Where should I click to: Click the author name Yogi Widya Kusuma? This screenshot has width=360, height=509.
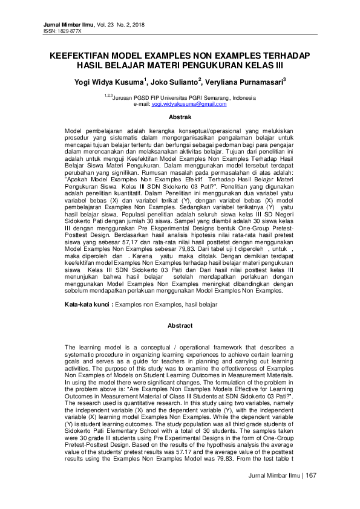[x=106, y=80]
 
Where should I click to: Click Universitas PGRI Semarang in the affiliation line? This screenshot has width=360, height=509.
[x=195, y=98]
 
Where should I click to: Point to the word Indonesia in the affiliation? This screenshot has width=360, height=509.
[x=242, y=98]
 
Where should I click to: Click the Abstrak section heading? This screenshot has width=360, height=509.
[x=180, y=117]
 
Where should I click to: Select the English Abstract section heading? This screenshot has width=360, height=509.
[x=180, y=326]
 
